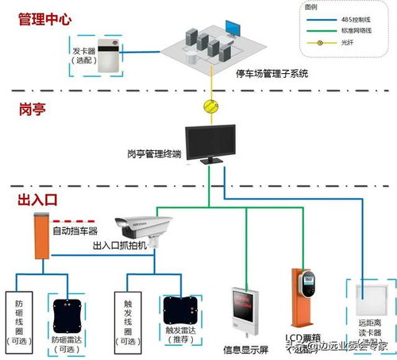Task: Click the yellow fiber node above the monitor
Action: (x=211, y=106)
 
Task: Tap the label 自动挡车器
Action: (x=74, y=231)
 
